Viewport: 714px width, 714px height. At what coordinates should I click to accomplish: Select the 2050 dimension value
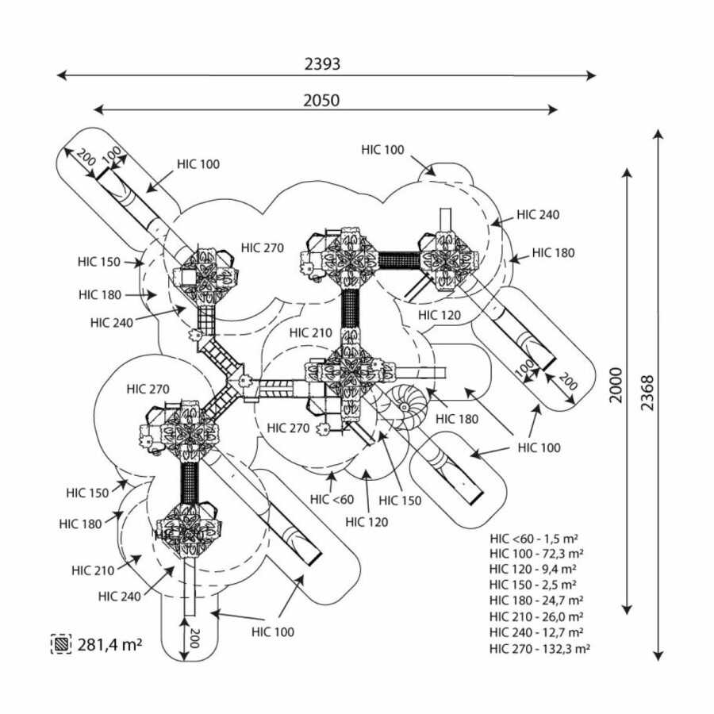click(321, 100)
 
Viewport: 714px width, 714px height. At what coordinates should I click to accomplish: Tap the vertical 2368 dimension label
click(647, 392)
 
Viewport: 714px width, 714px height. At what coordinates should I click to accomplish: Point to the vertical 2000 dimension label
click(616, 386)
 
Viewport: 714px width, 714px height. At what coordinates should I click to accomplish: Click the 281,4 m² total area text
click(109, 643)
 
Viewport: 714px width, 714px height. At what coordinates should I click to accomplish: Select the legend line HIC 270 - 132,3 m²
click(539, 648)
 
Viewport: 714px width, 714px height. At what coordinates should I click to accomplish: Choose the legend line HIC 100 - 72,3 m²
click(536, 553)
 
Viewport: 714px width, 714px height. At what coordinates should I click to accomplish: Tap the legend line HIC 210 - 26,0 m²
click(536, 616)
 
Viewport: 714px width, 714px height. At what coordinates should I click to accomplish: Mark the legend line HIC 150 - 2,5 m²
click(533, 585)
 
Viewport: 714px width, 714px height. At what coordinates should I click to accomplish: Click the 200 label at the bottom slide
click(191, 636)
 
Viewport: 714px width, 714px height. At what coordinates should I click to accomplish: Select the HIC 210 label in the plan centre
click(310, 332)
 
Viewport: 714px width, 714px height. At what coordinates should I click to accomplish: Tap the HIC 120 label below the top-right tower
click(439, 315)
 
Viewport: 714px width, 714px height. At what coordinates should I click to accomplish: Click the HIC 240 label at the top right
click(538, 214)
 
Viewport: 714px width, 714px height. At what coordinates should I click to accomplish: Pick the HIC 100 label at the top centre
click(382, 149)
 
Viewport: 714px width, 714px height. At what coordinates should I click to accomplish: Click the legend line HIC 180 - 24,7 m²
click(536, 601)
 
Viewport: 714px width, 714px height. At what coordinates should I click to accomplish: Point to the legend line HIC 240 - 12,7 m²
click(536, 632)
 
